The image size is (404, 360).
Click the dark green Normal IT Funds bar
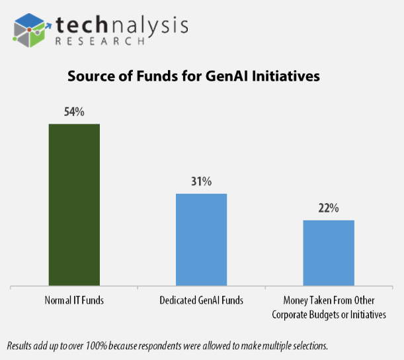click(x=74, y=205)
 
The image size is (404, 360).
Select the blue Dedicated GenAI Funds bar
click(x=201, y=240)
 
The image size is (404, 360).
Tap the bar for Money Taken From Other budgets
click(x=329, y=253)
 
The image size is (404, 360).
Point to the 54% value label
click(x=74, y=112)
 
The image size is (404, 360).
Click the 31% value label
click(x=201, y=181)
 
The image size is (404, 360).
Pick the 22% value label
click(x=329, y=208)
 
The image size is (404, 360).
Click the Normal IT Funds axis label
click(x=74, y=300)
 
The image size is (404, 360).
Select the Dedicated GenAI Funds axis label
click(x=202, y=300)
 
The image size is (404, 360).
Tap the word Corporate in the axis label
click(x=292, y=314)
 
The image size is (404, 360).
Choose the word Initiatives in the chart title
click(x=285, y=76)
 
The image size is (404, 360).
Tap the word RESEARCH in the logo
click(x=99, y=40)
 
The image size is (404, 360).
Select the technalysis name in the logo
click(x=122, y=23)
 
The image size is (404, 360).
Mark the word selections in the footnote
click(x=308, y=345)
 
